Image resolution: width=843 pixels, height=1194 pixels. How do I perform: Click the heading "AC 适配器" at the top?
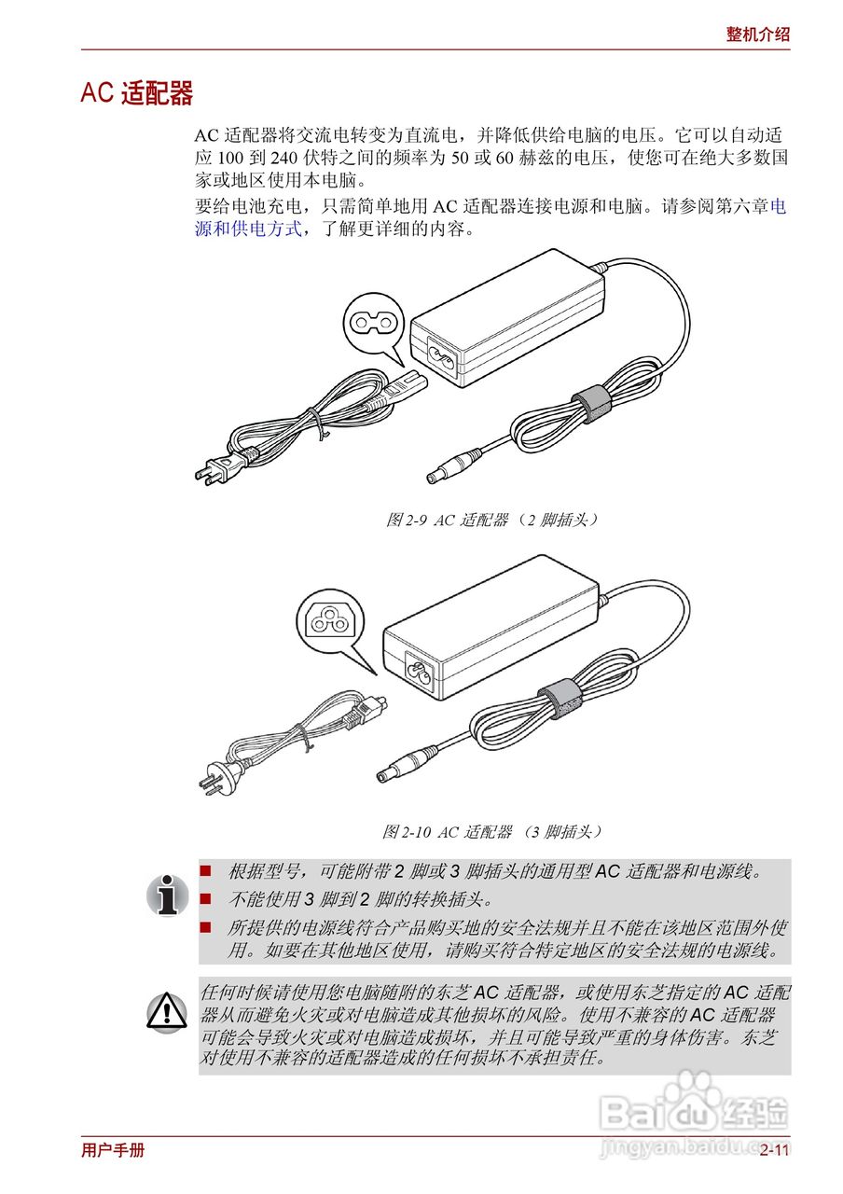[137, 93]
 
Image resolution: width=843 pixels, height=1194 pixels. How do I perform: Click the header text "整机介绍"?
[757, 35]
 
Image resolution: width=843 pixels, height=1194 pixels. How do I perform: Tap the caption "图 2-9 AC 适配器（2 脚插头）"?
[491, 521]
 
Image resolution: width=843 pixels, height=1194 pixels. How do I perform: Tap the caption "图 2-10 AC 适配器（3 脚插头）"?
[491, 830]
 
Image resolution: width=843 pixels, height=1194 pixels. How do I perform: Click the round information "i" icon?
[167, 895]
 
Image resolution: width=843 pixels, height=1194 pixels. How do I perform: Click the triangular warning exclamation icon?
[167, 1011]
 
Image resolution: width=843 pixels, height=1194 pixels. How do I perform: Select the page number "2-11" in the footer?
[774, 1150]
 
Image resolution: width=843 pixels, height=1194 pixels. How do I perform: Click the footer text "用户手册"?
[113, 1150]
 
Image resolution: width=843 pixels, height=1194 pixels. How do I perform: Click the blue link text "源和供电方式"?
[248, 229]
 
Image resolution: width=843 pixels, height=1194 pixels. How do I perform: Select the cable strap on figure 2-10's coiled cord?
[557, 699]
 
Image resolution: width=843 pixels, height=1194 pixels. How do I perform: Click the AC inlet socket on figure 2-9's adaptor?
[441, 354]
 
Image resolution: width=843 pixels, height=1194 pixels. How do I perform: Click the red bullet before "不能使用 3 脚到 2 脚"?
[207, 899]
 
